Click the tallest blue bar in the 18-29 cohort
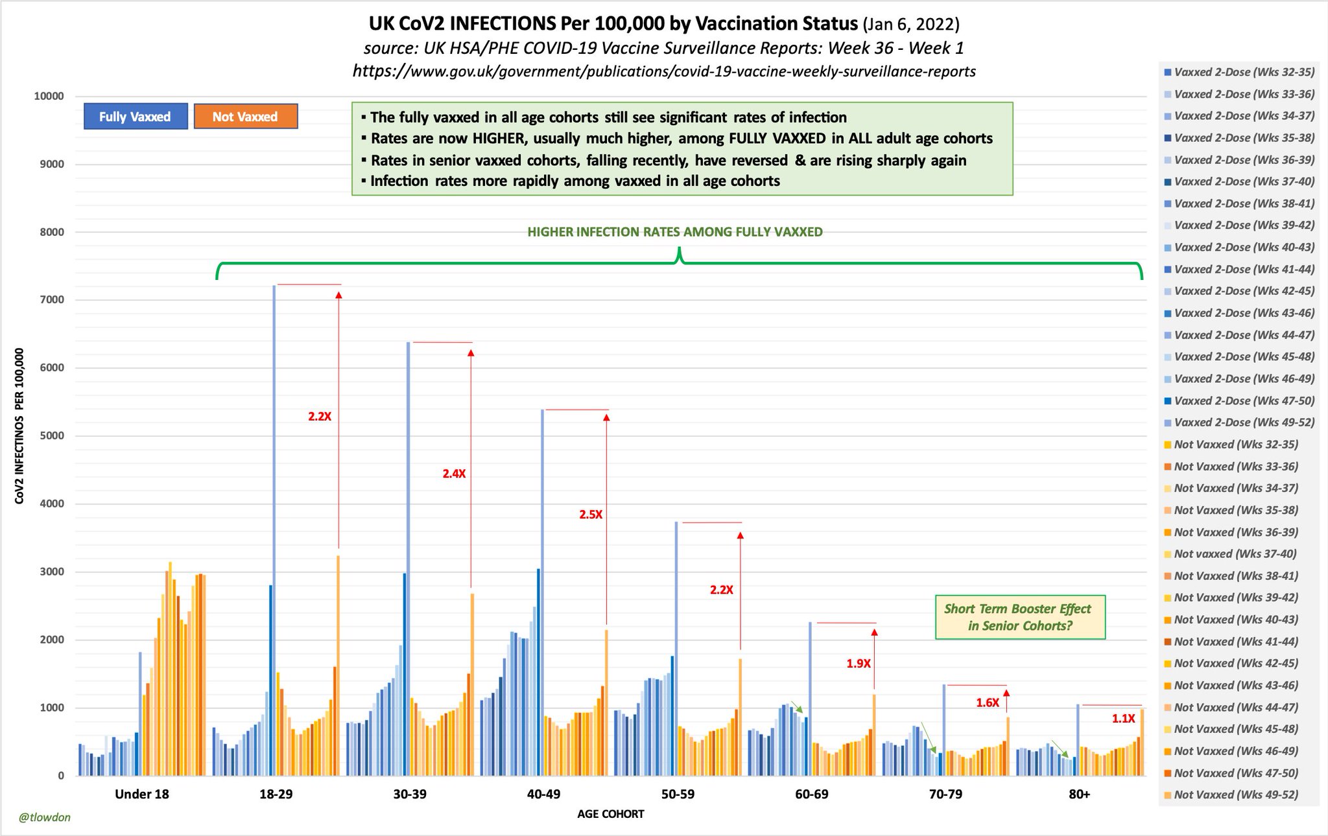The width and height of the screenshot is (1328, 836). pos(274,531)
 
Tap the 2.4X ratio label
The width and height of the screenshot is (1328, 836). pos(454,474)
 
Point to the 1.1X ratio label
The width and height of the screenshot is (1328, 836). pos(1123,719)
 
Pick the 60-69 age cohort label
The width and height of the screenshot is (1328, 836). pos(812,794)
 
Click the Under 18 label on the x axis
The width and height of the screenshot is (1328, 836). pos(141,794)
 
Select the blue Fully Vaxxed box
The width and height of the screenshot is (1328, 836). pos(136,117)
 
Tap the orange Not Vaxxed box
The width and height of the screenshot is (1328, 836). pos(245,117)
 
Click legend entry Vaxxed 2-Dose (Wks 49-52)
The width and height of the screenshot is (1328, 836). pos(1244,423)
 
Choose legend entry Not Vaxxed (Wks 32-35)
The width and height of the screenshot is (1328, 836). pos(1235,445)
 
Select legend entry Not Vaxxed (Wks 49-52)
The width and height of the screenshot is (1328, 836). pos(1235,795)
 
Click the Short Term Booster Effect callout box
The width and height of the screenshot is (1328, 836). pos(1019,617)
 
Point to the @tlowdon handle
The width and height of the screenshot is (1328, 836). pos(44,817)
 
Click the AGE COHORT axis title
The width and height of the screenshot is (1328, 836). pos(610,814)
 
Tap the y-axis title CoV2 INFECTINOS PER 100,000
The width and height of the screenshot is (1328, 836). pos(19,426)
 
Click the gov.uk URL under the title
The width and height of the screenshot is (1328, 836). pos(664,71)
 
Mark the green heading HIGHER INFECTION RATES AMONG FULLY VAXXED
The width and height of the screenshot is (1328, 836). pos(674,232)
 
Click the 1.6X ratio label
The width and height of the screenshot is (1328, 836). pos(987,703)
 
